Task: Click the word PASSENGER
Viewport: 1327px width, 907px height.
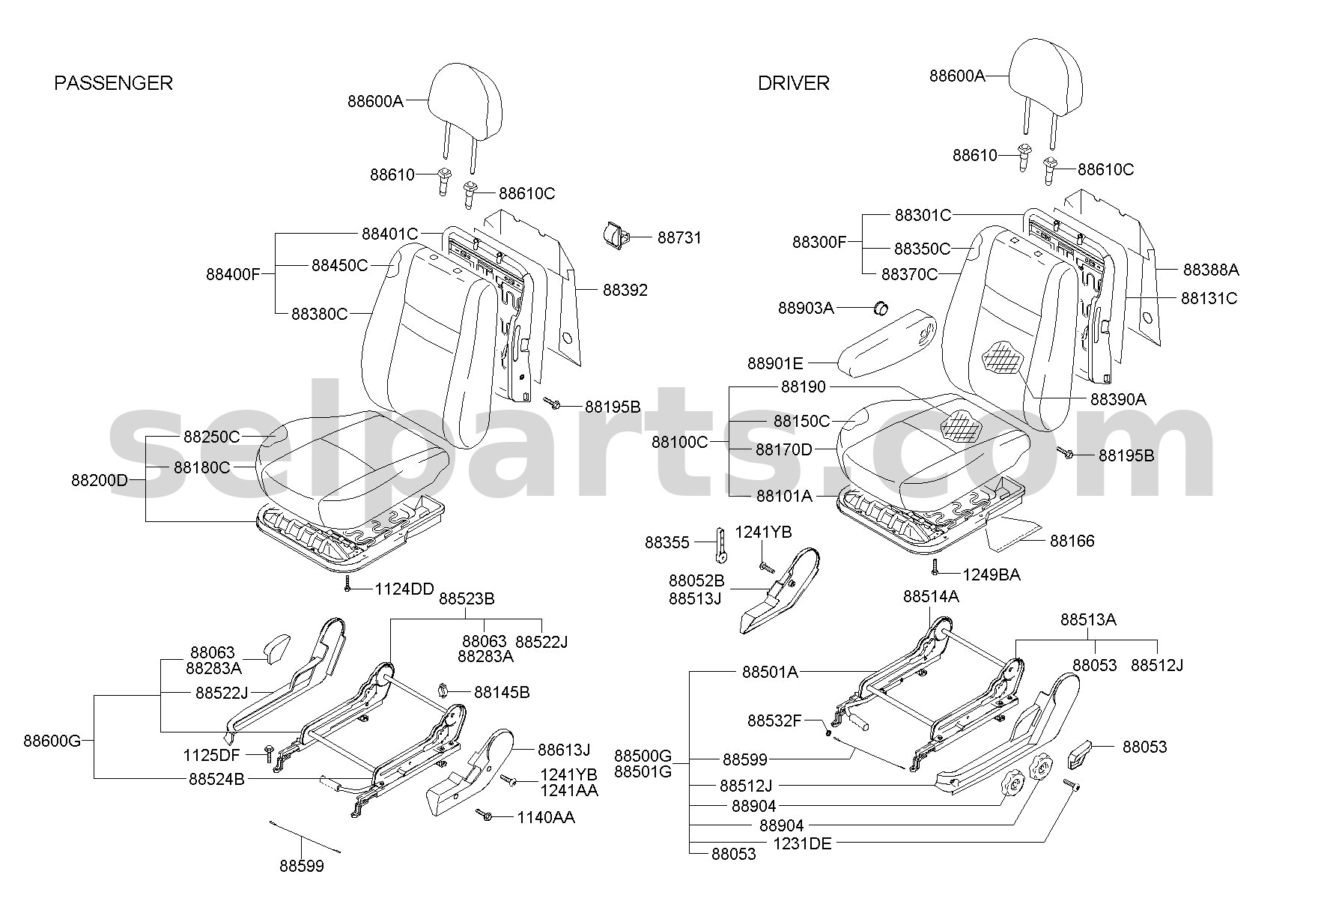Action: click(113, 83)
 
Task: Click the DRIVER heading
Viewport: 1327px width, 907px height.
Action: click(794, 83)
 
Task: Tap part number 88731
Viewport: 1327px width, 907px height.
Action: click(679, 238)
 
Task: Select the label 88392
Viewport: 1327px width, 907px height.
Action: click(625, 290)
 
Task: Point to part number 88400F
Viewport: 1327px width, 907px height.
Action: click(233, 274)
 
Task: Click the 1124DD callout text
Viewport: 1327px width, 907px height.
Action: click(404, 589)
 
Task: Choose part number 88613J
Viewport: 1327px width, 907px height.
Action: click(564, 750)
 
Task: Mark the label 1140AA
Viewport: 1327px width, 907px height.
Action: click(546, 817)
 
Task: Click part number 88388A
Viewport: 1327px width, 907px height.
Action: click(1211, 270)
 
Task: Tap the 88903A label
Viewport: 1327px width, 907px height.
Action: click(806, 308)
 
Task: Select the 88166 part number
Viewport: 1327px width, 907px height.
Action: click(1072, 541)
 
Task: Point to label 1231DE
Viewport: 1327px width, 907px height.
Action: click(802, 843)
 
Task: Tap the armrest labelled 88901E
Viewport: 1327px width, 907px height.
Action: click(887, 345)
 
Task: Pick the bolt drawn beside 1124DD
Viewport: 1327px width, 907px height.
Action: click(348, 584)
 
